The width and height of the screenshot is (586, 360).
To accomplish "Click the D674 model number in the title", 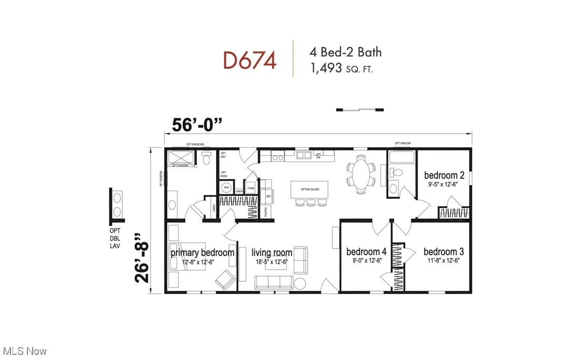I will (x=249, y=60).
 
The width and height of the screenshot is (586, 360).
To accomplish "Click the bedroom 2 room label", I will (x=444, y=175).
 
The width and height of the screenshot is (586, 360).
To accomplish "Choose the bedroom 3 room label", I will (x=444, y=252).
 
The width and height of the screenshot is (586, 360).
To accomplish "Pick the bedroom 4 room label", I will (x=366, y=252).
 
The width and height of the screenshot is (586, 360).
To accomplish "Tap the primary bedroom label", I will (x=202, y=253).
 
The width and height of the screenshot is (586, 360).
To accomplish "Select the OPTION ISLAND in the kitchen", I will (x=310, y=189).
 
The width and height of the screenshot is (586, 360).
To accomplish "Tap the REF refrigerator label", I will (x=268, y=196).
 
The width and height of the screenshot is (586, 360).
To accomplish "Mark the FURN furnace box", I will (x=251, y=188).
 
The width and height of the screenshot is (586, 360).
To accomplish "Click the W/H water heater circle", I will (x=225, y=188).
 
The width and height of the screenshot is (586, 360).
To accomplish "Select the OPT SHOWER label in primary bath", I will (x=181, y=165).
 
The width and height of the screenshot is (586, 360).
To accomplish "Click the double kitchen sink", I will (x=304, y=154).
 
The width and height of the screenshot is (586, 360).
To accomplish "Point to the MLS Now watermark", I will (x=24, y=351).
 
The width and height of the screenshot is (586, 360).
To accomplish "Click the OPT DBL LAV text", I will (x=115, y=238).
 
